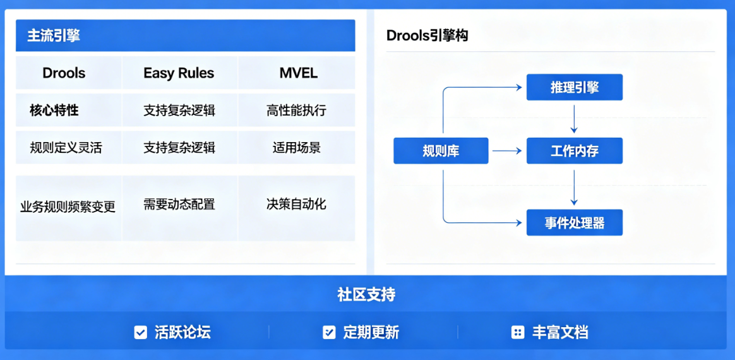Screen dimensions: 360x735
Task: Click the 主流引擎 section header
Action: (54, 35)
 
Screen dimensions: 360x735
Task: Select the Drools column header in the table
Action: (64, 73)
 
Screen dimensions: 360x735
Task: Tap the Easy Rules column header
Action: (179, 73)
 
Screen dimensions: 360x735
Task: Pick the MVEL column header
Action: (298, 73)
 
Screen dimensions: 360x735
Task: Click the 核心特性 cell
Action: (54, 111)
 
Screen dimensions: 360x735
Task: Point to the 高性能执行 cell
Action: (296, 111)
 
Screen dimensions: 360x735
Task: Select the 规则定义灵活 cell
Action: (66, 148)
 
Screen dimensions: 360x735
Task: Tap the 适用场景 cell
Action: (296, 148)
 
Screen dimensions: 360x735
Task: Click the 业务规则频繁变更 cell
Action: (68, 207)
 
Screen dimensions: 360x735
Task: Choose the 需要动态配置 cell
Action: (179, 205)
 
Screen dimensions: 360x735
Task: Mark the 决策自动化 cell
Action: (296, 204)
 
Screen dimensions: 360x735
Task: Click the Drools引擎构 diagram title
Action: (427, 35)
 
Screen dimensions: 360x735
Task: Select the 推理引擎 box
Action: (574, 88)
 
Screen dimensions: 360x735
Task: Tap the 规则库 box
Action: (441, 151)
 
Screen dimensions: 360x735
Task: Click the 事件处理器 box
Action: (574, 223)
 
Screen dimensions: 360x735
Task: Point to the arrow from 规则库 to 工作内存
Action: (507, 151)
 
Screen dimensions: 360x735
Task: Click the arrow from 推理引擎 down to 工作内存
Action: (574, 119)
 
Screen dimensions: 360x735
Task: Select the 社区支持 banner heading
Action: (366, 294)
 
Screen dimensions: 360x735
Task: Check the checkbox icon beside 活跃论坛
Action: (141, 332)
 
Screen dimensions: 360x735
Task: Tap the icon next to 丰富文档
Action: (518, 332)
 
